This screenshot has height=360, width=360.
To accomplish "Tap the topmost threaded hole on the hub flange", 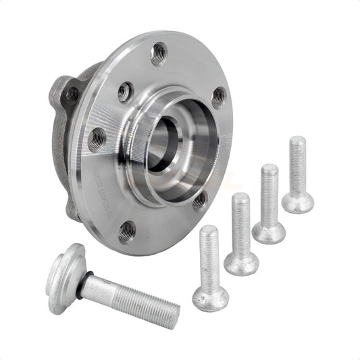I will coord(159,53).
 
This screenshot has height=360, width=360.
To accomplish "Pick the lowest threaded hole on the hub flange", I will coord(127,232).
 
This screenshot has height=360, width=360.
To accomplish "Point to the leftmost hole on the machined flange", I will coord(97,139).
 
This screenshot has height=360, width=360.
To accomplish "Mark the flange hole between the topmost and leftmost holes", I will coord(125,92).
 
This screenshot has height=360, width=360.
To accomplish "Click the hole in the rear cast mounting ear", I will coord(70,95).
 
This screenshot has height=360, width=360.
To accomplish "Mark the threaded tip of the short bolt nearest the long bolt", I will coord(208,231).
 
